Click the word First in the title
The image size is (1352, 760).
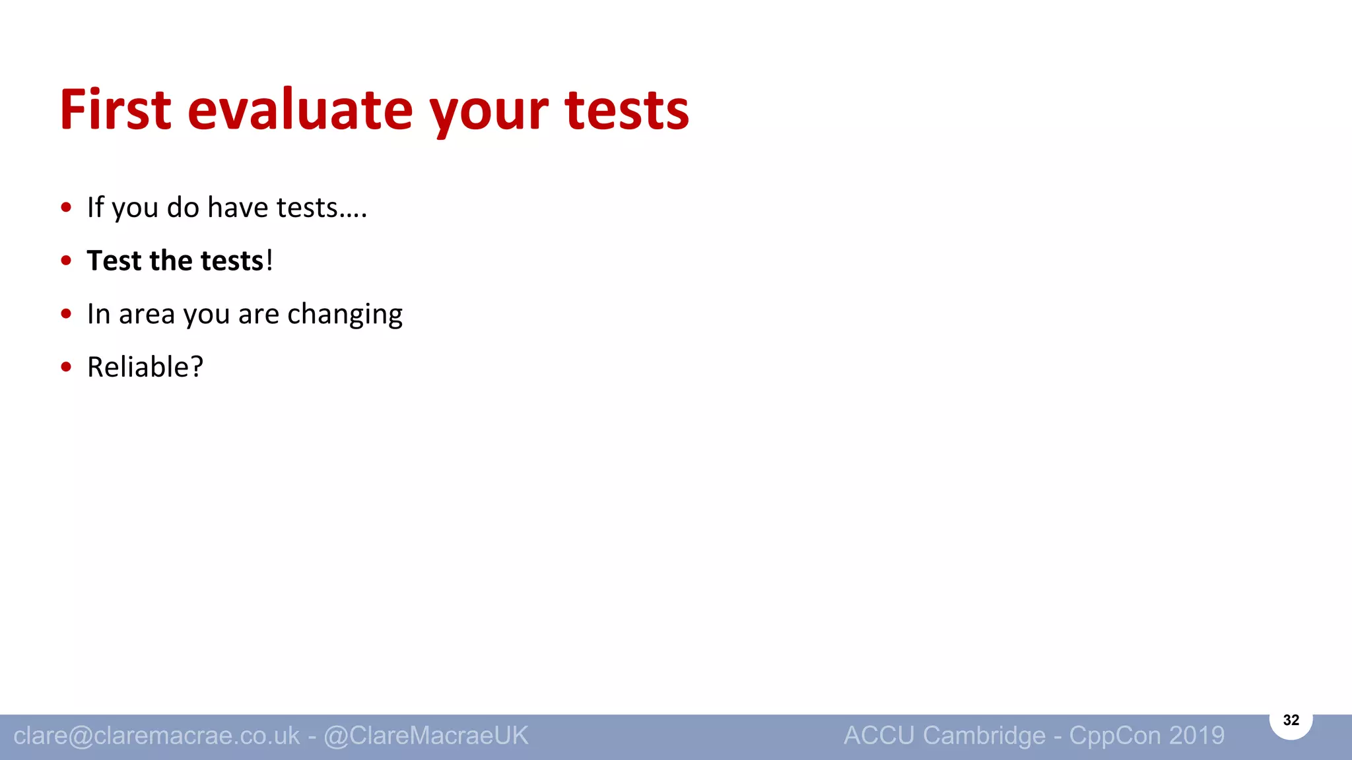tap(116, 110)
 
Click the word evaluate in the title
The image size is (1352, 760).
tap(300, 110)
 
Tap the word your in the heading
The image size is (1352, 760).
tap(489, 112)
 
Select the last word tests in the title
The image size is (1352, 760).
tap(626, 110)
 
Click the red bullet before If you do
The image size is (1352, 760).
tap(66, 208)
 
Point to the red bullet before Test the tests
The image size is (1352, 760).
tap(66, 261)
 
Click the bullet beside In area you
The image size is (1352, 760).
tap(66, 314)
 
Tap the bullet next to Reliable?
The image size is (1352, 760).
tap(66, 367)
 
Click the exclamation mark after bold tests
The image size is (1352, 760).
tap(269, 261)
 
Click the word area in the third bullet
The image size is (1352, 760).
tap(147, 315)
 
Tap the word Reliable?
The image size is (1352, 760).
tap(145, 367)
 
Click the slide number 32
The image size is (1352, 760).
tap(1291, 720)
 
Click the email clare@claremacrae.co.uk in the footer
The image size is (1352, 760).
tap(156, 736)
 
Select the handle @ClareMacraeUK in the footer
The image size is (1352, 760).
tap(426, 736)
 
